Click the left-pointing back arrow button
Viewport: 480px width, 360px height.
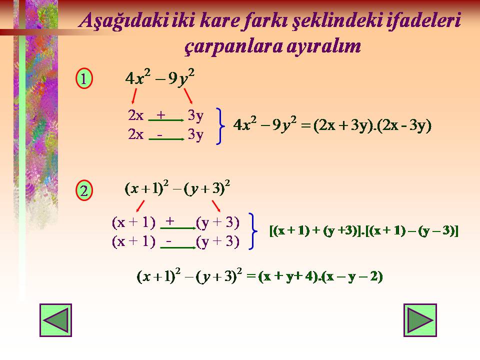[x=55, y=320]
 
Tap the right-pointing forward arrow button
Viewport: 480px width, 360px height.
[x=420, y=320]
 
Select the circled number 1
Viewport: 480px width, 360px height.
[x=84, y=78]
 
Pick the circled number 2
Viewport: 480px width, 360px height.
[x=84, y=190]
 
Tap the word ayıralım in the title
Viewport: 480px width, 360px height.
[x=324, y=47]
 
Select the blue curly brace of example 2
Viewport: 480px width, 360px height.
[x=253, y=231]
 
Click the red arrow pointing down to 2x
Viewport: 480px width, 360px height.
[x=134, y=96]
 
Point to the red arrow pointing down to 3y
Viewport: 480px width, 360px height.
[x=188, y=96]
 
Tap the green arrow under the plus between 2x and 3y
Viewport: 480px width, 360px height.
[x=166, y=120]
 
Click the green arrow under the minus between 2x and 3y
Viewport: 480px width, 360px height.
[x=166, y=139]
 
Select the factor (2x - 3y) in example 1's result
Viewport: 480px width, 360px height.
[x=404, y=125]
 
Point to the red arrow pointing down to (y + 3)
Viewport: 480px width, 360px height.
[x=216, y=206]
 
